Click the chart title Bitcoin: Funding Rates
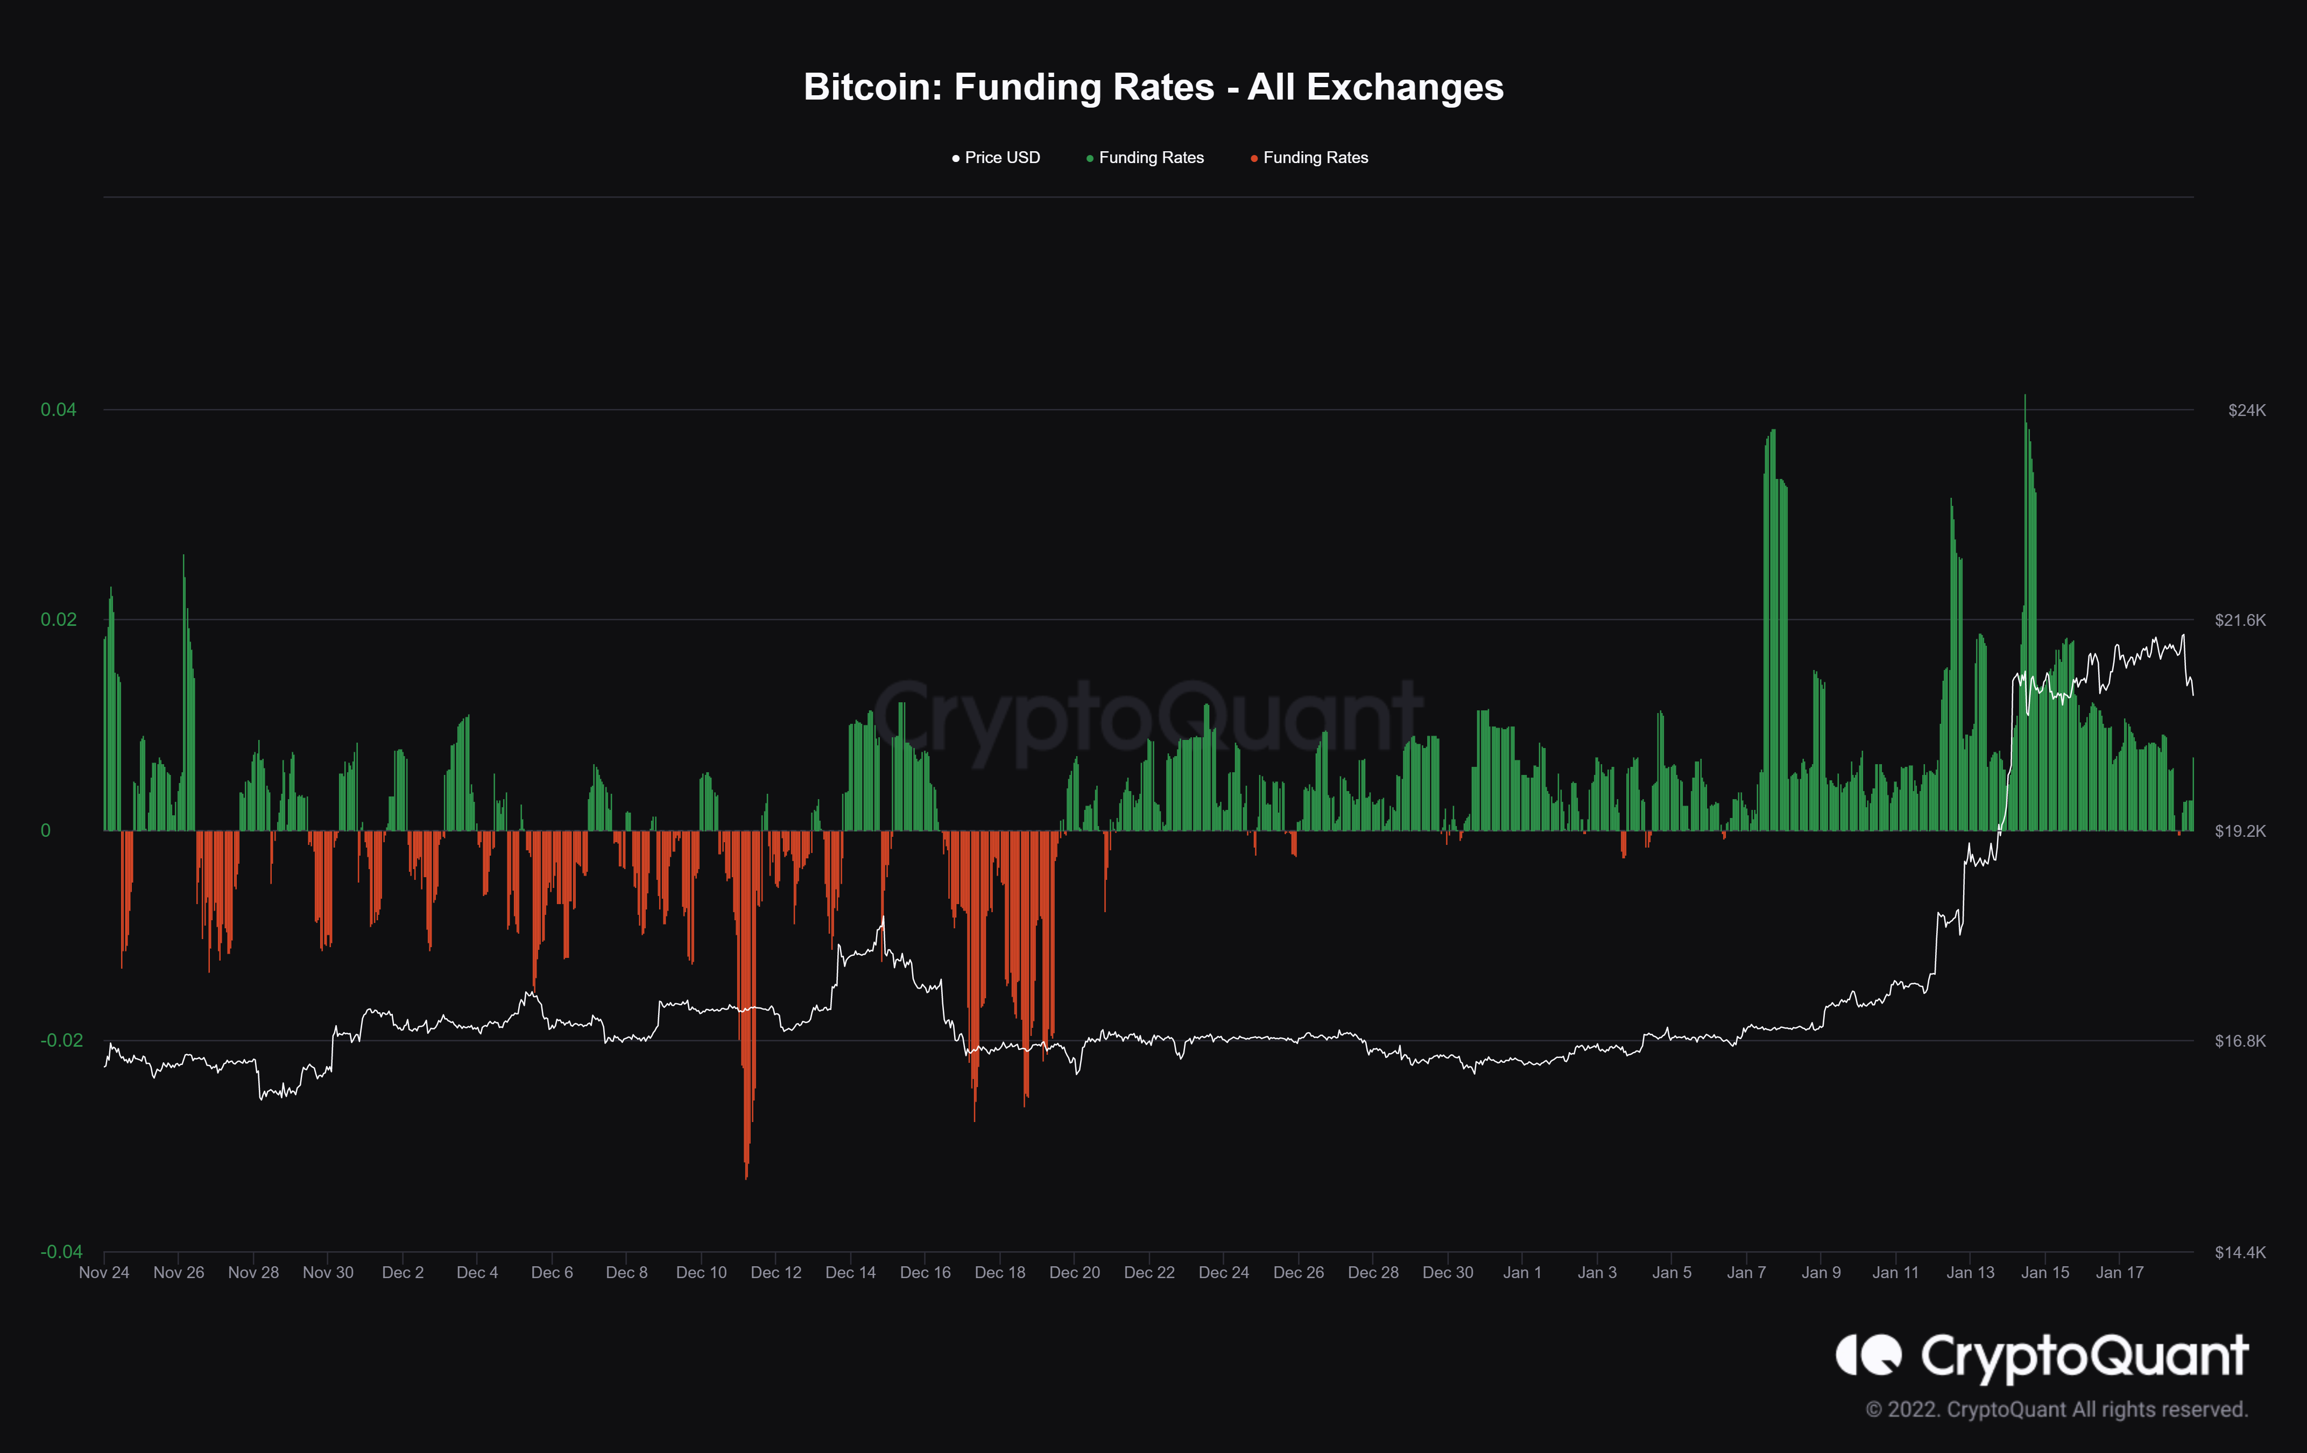tap(1153, 87)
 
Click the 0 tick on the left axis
tap(45, 830)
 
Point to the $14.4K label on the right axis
tap(2240, 1252)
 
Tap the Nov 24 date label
tap(103, 1273)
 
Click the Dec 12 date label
tap(776, 1273)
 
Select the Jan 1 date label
tap(1522, 1273)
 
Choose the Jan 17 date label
tap(2119, 1273)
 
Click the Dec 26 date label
tap(1298, 1273)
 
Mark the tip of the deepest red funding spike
tap(746, 1177)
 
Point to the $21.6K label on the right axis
tap(2240, 620)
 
